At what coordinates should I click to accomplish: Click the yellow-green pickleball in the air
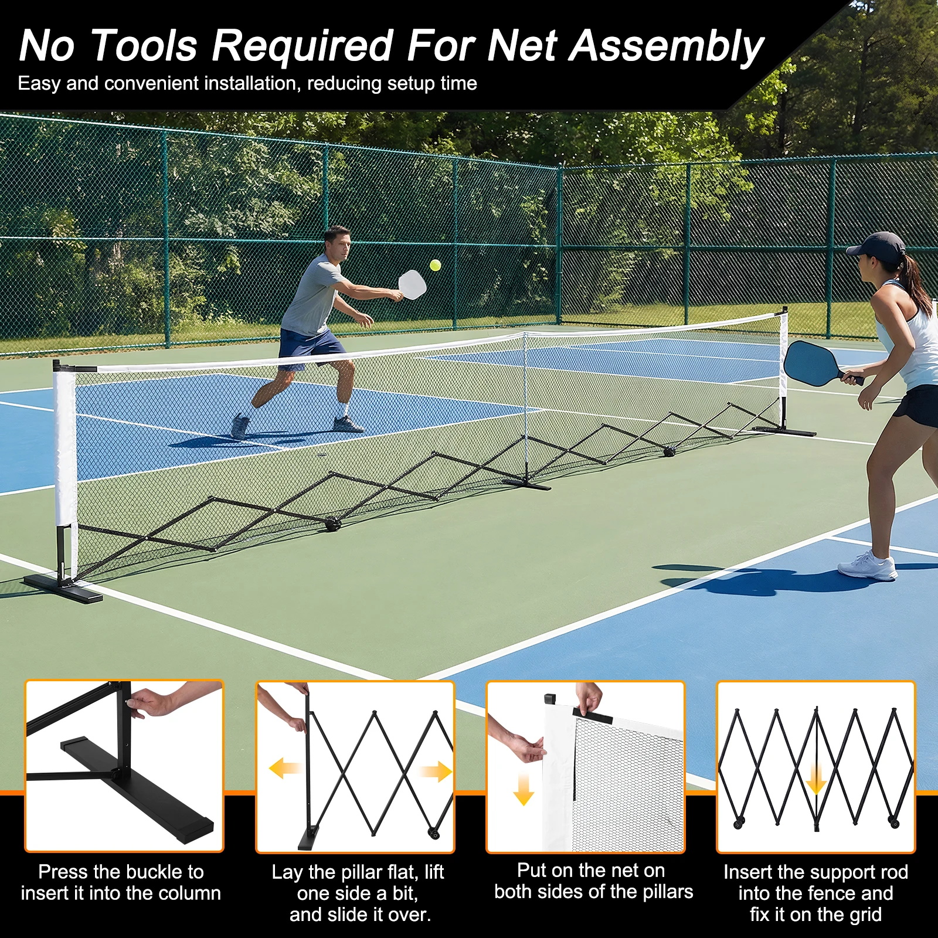click(435, 265)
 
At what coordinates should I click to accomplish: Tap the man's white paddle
click(413, 284)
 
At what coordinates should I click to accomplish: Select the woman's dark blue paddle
click(812, 363)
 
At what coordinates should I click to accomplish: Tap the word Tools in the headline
click(144, 46)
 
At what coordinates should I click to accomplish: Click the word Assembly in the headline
click(667, 46)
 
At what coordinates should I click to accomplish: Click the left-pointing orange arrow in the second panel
click(284, 767)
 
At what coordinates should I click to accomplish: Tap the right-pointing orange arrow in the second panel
click(437, 771)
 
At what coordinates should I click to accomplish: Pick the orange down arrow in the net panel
click(524, 790)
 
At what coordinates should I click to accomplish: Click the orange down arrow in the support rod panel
click(816, 780)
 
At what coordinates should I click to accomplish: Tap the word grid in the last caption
click(865, 915)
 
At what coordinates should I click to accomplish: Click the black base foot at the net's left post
click(63, 589)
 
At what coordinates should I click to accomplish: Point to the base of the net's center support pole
click(526, 483)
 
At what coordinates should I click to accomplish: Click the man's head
click(338, 242)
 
